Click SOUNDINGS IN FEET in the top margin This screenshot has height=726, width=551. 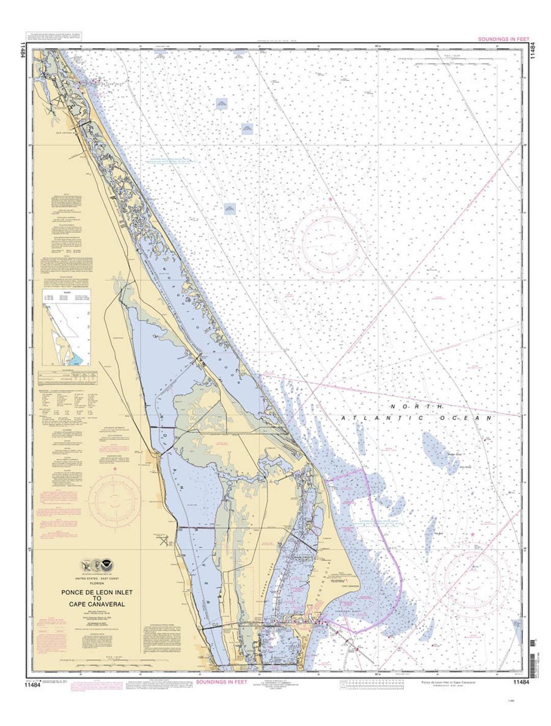(x=504, y=39)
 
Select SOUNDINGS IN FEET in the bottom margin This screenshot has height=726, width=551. (x=221, y=682)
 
